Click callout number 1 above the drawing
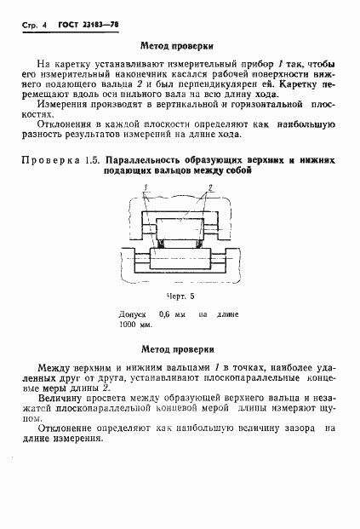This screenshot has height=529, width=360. (x=146, y=187)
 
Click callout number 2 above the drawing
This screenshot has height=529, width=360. (x=210, y=187)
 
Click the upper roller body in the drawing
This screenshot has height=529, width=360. (x=179, y=227)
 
